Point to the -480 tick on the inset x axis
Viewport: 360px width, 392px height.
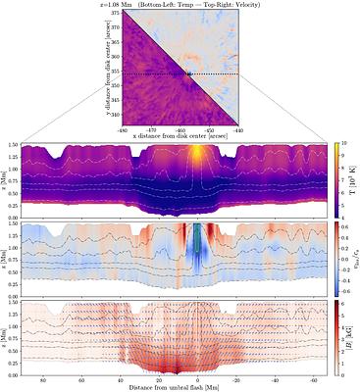(122, 129)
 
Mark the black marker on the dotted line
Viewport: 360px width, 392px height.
(187, 73)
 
